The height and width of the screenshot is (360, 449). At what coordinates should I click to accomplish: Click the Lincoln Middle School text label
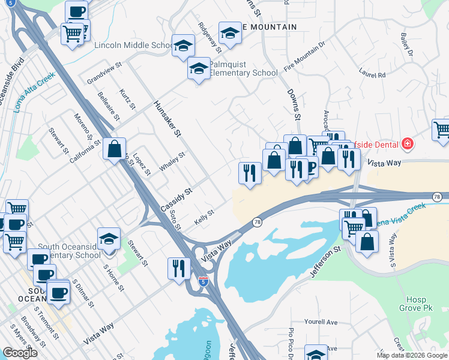click(133, 46)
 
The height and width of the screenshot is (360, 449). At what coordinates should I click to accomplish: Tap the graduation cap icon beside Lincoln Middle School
click(183, 45)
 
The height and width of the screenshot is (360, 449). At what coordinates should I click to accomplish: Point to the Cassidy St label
click(176, 199)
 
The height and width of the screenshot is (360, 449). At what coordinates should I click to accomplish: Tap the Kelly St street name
click(204, 217)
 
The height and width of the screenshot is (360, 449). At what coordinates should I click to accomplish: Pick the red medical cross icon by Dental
click(408, 143)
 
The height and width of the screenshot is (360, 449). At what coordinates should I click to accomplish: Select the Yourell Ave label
click(321, 322)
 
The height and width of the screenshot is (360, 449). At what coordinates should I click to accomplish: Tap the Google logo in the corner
click(20, 353)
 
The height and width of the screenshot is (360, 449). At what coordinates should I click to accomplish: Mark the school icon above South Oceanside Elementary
click(108, 239)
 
